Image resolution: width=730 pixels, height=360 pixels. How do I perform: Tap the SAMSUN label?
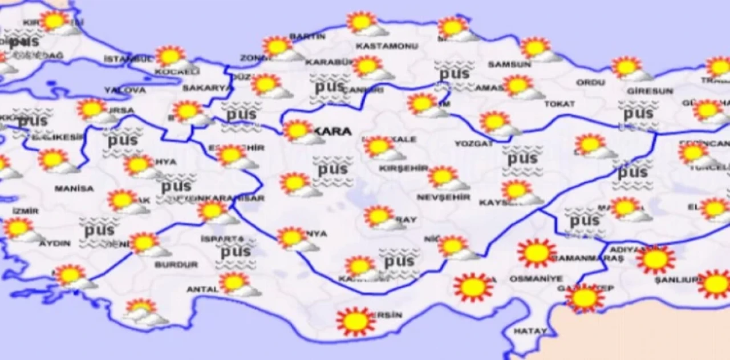click(509, 64)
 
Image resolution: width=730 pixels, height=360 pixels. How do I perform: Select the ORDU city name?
click(590, 83)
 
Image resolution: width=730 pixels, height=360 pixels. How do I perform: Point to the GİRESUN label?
click(650, 91)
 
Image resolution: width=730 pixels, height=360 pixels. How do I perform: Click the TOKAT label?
click(559, 104)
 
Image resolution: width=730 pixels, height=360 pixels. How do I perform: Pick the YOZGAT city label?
click(474, 144)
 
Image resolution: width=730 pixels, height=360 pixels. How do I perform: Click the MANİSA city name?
click(74, 188)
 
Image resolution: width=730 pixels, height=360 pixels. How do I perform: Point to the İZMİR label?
click(26, 211)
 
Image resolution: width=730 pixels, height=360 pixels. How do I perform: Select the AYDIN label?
click(55, 244)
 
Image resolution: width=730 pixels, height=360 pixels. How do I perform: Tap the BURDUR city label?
click(176, 265)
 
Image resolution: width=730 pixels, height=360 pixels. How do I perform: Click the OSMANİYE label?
click(528, 279)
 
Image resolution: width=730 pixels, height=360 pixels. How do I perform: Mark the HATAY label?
click(530, 331)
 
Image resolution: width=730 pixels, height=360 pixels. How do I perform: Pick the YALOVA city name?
click(125, 90)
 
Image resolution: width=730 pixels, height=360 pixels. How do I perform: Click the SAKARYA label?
click(207, 88)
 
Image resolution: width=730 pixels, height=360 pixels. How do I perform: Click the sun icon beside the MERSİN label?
click(356, 321)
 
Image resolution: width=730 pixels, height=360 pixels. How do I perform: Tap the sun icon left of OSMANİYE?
click(473, 287)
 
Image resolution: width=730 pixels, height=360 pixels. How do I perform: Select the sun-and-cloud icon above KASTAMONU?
click(363, 23)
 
